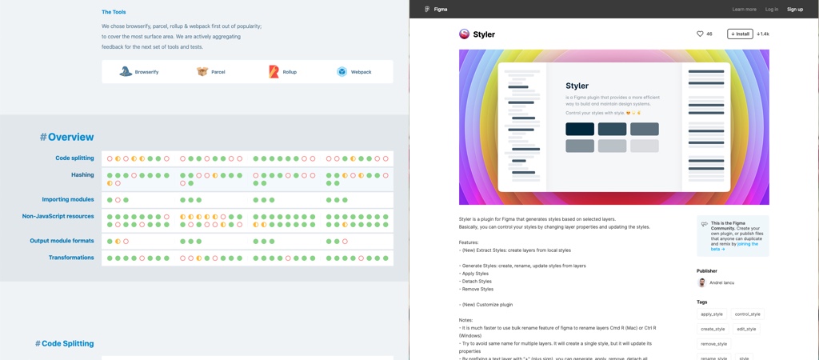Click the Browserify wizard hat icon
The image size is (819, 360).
pyautogui.click(x=126, y=72)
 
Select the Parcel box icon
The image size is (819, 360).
pyautogui.click(x=202, y=72)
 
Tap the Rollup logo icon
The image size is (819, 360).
pyautogui.click(x=274, y=72)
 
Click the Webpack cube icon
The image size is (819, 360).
pyautogui.click(x=342, y=72)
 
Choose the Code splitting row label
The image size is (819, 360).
pyautogui.click(x=74, y=158)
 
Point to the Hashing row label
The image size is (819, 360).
pyautogui.click(x=82, y=174)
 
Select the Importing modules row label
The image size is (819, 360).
pyautogui.click(x=68, y=199)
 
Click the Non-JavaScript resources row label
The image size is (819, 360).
pyautogui.click(x=58, y=216)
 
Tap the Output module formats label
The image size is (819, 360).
pyautogui.click(x=62, y=241)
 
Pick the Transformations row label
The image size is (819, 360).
pyautogui.click(x=71, y=258)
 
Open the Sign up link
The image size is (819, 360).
pyautogui.click(x=794, y=10)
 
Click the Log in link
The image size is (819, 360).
pyautogui.click(x=771, y=10)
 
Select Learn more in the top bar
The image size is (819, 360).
pyautogui.click(x=744, y=10)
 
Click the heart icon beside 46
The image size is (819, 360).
pyautogui.click(x=700, y=34)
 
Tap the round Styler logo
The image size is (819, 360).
pyautogui.click(x=464, y=34)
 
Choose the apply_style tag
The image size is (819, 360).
pyautogui.click(x=711, y=314)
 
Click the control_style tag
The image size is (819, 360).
pyautogui.click(x=747, y=314)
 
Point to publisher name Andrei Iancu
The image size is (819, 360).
pyautogui.click(x=721, y=282)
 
